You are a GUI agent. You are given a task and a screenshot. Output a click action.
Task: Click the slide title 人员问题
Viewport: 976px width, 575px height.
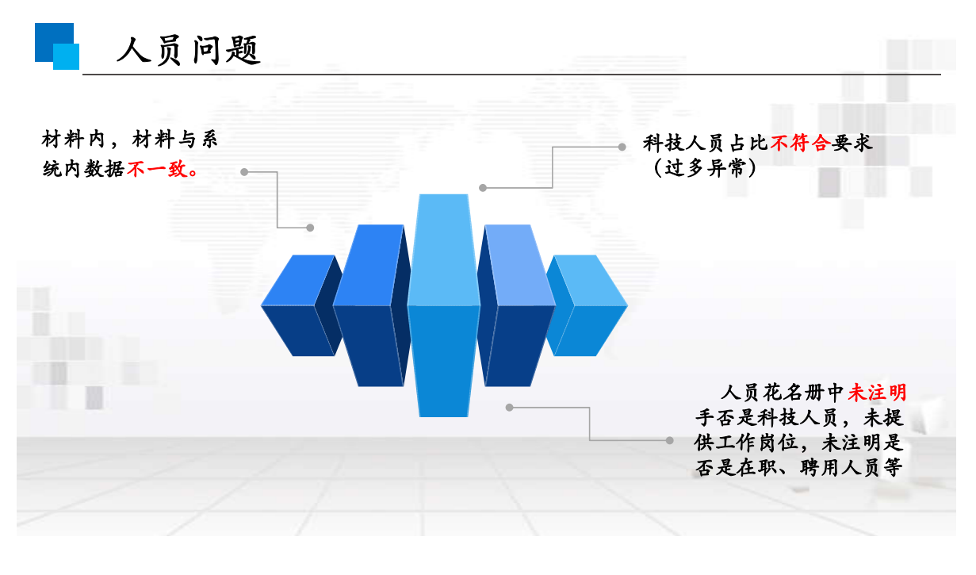pos(189,50)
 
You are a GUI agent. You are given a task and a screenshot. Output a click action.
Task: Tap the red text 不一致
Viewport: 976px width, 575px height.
pos(157,168)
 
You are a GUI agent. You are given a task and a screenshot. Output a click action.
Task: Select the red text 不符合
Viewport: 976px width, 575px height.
pos(799,144)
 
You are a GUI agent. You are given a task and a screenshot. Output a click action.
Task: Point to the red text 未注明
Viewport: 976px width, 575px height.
pos(877,392)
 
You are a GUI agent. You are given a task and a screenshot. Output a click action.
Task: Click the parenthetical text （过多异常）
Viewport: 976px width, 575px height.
pos(700,168)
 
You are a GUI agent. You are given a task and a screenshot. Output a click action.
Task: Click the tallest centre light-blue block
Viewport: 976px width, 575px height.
pos(443,305)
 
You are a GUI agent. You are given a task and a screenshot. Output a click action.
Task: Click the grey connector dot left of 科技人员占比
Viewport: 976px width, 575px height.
pos(622,146)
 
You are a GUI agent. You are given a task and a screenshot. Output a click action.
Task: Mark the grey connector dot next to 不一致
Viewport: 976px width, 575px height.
pos(244,171)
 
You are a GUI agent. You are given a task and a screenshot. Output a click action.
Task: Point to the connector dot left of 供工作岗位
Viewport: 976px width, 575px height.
pos(670,440)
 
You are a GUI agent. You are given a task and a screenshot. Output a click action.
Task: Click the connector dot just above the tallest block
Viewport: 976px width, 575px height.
pos(482,188)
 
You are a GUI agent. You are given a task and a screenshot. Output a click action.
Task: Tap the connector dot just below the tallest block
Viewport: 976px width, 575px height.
pos(510,407)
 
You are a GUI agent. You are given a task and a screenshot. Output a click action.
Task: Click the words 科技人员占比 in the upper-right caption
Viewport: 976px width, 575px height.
pos(705,144)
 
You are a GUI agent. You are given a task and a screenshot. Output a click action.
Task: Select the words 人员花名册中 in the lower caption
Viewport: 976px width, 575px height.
pos(783,392)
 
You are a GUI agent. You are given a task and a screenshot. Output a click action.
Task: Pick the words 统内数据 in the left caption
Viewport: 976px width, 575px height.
pos(83,168)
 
